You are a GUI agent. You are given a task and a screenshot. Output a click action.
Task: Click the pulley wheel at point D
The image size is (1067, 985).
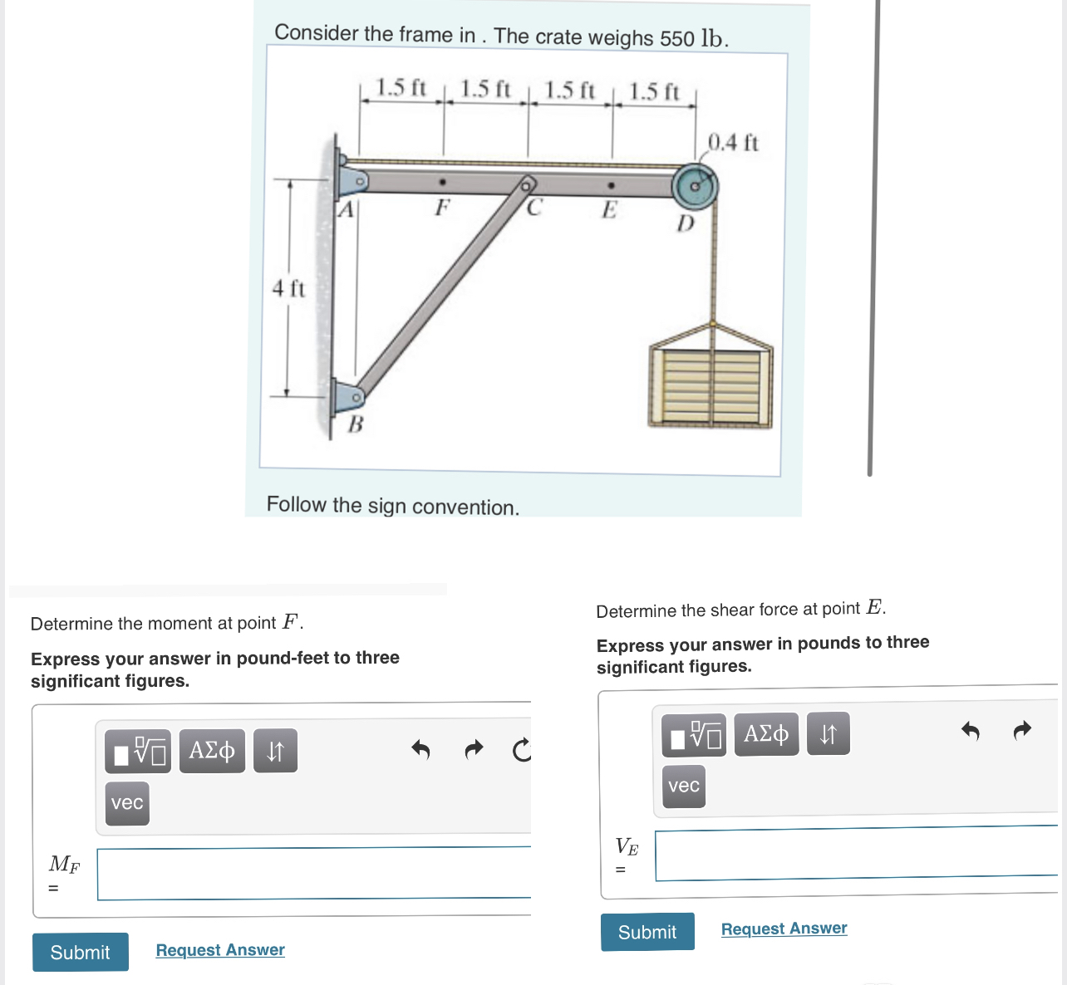(x=695, y=187)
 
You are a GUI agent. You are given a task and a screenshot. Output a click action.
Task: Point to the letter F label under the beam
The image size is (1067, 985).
(x=442, y=207)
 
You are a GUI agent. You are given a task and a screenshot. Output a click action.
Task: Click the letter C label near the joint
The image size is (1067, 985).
(x=533, y=208)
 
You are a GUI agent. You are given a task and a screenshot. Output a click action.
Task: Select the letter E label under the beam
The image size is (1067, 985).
(x=609, y=210)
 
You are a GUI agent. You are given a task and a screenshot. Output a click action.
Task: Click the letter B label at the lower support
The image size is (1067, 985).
(x=355, y=424)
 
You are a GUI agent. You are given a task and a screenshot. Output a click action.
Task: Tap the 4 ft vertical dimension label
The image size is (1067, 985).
(x=288, y=289)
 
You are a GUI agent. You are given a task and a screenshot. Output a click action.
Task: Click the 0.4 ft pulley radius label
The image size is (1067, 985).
(x=732, y=143)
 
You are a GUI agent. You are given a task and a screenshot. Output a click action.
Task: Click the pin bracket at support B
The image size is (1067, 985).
(x=348, y=397)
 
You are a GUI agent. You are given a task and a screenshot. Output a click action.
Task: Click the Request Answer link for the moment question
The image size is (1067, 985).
(x=220, y=949)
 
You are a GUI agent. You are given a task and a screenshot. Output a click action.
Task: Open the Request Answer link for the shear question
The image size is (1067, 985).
(x=784, y=929)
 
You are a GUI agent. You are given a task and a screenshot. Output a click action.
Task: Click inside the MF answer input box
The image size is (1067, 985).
(x=313, y=874)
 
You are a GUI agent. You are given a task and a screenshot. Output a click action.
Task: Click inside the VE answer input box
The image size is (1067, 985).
(x=855, y=854)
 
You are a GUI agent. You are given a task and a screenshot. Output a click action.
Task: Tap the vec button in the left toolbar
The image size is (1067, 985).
(x=127, y=803)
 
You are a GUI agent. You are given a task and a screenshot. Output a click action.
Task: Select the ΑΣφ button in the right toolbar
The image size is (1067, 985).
(x=766, y=734)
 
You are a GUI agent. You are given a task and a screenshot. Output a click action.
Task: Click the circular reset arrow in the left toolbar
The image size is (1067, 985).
(x=521, y=751)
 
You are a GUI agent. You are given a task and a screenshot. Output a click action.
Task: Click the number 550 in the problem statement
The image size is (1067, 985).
(x=677, y=38)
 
